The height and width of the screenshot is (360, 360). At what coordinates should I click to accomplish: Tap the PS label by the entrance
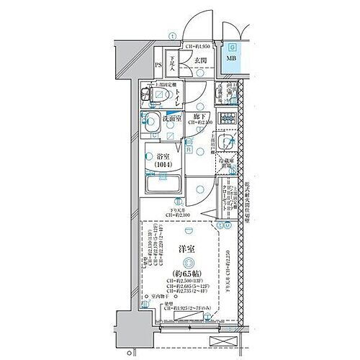[x=158, y=65]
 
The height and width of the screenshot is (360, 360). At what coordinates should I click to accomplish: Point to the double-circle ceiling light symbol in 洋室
[x=188, y=262]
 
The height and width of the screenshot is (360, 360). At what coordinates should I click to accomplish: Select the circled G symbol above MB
[x=233, y=45]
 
